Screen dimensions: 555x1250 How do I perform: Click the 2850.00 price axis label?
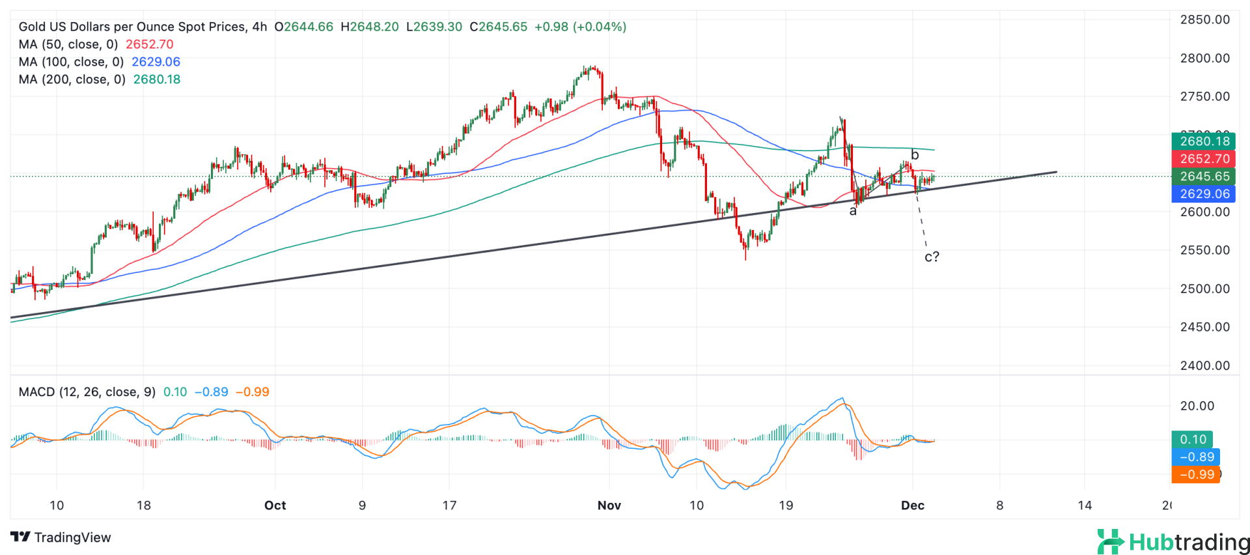pos(1204,20)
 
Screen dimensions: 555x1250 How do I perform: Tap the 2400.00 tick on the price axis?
pos(1204,365)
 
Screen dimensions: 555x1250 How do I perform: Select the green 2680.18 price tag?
pos(1204,141)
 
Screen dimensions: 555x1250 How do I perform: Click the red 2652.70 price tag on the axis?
pos(1204,159)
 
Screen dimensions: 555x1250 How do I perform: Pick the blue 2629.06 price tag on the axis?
pos(1204,194)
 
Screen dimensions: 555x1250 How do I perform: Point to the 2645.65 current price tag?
pos(1204,177)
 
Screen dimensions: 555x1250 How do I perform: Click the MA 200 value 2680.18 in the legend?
pos(157,79)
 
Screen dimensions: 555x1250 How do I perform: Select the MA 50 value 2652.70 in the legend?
pos(150,44)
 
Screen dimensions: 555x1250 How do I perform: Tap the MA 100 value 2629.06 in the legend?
pos(156,62)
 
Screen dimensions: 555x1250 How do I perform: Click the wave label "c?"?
pos(932,257)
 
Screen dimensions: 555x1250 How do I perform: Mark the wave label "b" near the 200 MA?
pos(915,155)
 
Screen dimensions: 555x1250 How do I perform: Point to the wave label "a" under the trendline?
pos(853,211)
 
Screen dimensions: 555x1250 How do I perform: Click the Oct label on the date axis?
pos(275,505)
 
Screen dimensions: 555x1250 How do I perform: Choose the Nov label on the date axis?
pos(609,505)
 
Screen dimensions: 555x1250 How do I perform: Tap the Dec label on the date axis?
pos(913,505)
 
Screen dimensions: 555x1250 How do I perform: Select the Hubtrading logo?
pos(1173,542)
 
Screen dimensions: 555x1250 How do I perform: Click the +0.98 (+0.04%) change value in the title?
pos(580,27)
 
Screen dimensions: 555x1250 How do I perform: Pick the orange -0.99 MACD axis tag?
pos(1196,475)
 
